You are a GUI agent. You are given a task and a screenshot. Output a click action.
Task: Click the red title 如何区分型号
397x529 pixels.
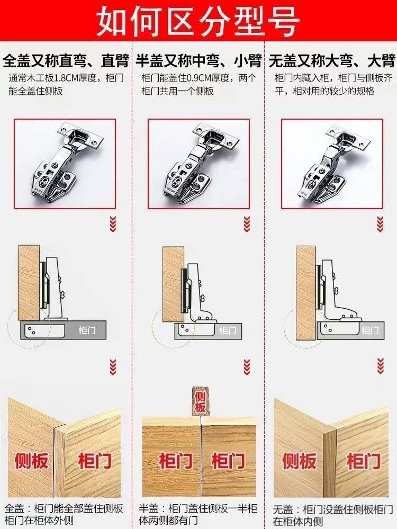click(x=198, y=21)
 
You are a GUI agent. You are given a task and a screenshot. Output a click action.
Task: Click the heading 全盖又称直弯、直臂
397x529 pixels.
click(x=66, y=61)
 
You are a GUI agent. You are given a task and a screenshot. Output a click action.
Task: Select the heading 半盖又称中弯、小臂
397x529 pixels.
click(x=198, y=61)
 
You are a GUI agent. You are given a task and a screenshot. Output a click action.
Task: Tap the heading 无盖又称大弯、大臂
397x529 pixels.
click(x=332, y=61)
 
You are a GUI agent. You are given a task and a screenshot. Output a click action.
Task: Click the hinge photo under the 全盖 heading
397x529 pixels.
click(x=65, y=164)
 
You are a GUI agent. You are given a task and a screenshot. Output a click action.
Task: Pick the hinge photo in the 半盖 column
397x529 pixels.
click(x=198, y=164)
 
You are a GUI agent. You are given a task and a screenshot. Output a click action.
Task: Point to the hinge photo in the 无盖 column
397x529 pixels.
click(x=332, y=164)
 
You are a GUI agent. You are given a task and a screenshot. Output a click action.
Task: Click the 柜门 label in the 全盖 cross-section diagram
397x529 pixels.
click(x=87, y=330)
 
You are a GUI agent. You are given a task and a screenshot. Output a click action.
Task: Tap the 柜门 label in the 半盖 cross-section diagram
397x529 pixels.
click(x=228, y=330)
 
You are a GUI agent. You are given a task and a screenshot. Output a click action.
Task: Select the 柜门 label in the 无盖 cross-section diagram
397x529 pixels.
click(x=371, y=330)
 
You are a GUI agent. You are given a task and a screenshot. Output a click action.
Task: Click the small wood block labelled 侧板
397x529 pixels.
click(x=200, y=401)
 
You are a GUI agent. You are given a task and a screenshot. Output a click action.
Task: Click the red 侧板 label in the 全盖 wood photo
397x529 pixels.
click(x=31, y=461)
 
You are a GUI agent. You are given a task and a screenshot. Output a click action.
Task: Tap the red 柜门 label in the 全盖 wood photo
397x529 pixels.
click(x=95, y=461)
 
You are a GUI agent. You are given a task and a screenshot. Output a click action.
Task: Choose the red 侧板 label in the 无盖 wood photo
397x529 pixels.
click(x=299, y=461)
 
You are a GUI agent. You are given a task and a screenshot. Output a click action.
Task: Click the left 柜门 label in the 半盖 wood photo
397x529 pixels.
click(x=176, y=461)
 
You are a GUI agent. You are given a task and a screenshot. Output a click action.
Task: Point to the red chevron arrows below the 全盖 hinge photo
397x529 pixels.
click(x=113, y=224)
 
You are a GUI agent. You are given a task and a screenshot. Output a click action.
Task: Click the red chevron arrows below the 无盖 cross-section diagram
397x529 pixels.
click(x=381, y=366)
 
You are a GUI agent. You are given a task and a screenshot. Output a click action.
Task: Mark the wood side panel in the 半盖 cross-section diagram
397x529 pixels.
click(x=174, y=284)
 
